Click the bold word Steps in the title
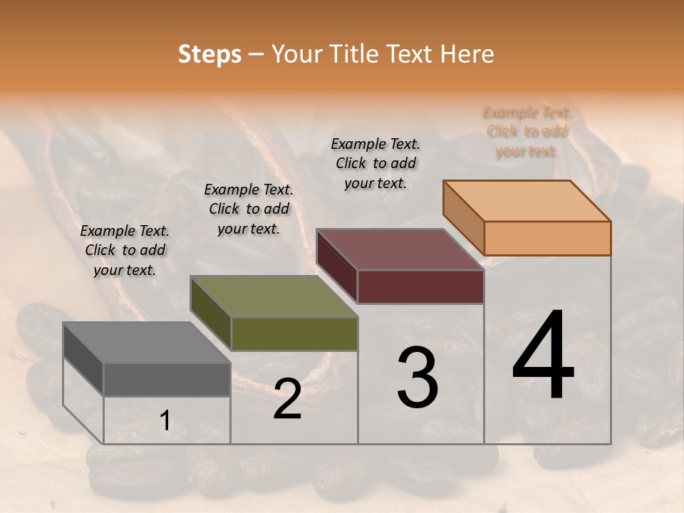coord(209,54)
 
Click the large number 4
coord(544,356)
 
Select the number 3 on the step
coord(418,378)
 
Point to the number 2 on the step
coord(287,400)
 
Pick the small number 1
coord(165,421)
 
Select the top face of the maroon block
coord(400,249)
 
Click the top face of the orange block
coord(527,201)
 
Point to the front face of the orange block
coord(547,238)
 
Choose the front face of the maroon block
coord(420,287)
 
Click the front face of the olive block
coord(294,333)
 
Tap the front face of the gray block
coord(167,379)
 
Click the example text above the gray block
coord(125,251)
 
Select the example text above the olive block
coord(249,209)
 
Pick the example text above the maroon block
coord(375,164)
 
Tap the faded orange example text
coord(527,132)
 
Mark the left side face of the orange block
coord(464,217)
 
